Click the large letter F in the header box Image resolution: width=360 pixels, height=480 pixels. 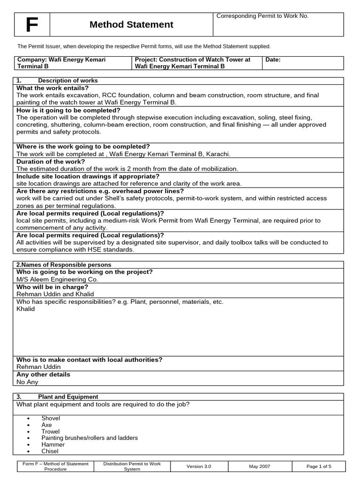tap(31, 25)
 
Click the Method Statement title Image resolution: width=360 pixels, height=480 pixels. tap(131, 25)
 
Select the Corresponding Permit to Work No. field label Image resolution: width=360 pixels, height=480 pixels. tap(262, 16)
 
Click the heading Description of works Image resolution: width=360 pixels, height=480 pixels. tap(68, 81)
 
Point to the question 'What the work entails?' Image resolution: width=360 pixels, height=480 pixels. tap(52, 88)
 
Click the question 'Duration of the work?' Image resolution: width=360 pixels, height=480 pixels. tap(51, 162)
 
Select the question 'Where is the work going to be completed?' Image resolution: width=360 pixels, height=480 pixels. tap(83, 147)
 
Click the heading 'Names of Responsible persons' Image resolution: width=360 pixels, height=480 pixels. tap(64, 265)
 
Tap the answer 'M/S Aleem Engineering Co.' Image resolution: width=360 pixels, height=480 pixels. tap(57, 279)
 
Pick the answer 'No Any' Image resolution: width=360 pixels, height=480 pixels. tap(27, 382)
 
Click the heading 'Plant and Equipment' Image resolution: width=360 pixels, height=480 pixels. tap(68, 397)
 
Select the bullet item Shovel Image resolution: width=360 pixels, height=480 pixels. tap(51, 418)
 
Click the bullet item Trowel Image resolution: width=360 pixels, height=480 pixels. tap(51, 431)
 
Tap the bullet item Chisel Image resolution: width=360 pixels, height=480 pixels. tap(50, 451)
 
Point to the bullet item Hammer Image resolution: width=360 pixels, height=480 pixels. tap(53, 444)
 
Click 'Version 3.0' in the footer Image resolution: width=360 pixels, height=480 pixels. tap(199, 466)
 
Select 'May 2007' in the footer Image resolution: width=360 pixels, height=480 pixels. tap(259, 466)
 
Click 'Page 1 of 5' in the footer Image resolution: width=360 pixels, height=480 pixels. tap(318, 466)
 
